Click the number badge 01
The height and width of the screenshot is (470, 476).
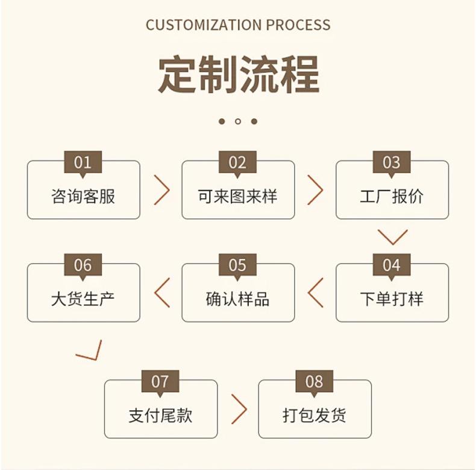[x=83, y=162]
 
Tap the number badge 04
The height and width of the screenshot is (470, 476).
[x=392, y=265]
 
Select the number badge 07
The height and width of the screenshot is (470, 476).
[x=160, y=381]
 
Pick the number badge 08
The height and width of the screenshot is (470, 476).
[x=315, y=381]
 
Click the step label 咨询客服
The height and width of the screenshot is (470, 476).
[x=83, y=196]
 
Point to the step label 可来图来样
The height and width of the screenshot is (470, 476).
[x=237, y=196]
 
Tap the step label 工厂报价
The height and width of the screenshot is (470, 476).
[x=392, y=196]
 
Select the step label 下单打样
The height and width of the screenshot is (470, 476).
[x=392, y=299]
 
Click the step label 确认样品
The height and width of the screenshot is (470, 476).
[x=237, y=299]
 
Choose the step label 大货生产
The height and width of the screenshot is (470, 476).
[x=83, y=299]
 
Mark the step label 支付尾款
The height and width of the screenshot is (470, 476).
[x=160, y=415]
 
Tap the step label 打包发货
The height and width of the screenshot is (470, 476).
[x=315, y=415]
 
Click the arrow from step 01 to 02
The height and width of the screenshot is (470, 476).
[x=162, y=190]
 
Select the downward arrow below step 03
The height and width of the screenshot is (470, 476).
[x=393, y=237]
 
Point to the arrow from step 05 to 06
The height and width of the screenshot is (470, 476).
[x=161, y=293]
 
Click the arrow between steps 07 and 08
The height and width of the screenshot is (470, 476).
[x=239, y=409]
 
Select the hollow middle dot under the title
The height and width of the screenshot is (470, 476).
[x=238, y=121]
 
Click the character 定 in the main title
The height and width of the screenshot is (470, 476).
[x=177, y=75]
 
